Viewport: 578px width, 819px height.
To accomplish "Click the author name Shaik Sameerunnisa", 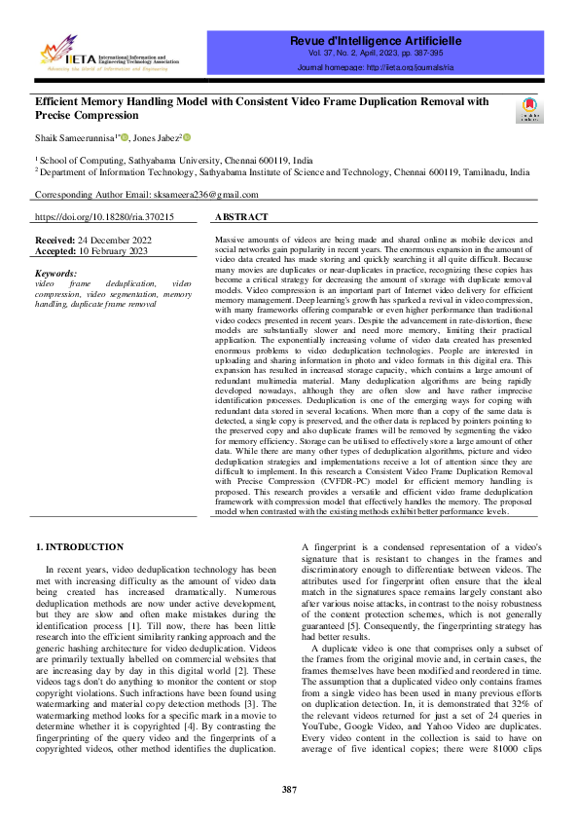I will [x=75, y=137].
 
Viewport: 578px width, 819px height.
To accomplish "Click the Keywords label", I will [x=55, y=274].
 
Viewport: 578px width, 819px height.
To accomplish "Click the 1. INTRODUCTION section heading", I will [x=79, y=547].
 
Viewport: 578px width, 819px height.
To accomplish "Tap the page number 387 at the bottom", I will [x=289, y=788].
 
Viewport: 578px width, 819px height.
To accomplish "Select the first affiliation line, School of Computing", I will [x=176, y=160].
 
